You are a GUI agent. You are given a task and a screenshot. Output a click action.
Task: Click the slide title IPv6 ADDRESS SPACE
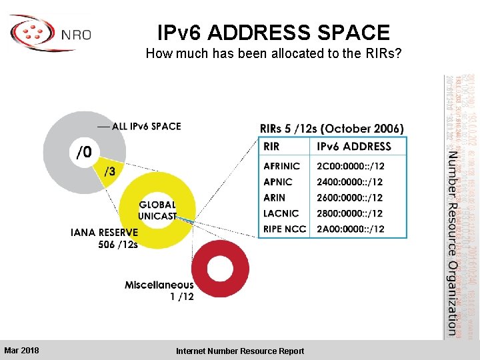point(273,33)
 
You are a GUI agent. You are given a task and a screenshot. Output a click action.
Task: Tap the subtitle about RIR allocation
point(273,53)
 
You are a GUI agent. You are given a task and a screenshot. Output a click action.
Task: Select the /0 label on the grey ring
point(83,154)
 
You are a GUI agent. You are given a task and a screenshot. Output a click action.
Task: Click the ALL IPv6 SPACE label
point(146,126)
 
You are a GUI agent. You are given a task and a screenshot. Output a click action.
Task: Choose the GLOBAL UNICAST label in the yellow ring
point(157,210)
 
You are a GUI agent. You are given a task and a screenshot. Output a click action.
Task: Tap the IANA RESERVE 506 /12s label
point(104,238)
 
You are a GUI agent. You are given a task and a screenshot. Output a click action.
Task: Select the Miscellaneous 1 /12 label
point(159,291)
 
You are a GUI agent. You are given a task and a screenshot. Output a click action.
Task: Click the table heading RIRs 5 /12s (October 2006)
point(331,129)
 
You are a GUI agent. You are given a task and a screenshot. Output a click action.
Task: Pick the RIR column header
point(272,147)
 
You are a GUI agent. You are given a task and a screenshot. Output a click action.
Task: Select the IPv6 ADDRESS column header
point(353,147)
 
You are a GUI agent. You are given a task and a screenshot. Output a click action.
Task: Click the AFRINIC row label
point(282,166)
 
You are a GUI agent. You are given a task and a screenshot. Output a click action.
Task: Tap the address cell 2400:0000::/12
point(350,182)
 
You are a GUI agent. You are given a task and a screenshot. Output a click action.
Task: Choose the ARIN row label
point(275,198)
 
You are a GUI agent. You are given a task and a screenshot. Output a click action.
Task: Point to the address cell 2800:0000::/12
point(350,213)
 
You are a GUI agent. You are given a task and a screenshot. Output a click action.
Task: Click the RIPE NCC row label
point(285,229)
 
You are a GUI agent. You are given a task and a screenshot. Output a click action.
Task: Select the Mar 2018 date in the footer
point(21,350)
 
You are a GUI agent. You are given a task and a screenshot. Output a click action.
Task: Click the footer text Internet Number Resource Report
point(240,351)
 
